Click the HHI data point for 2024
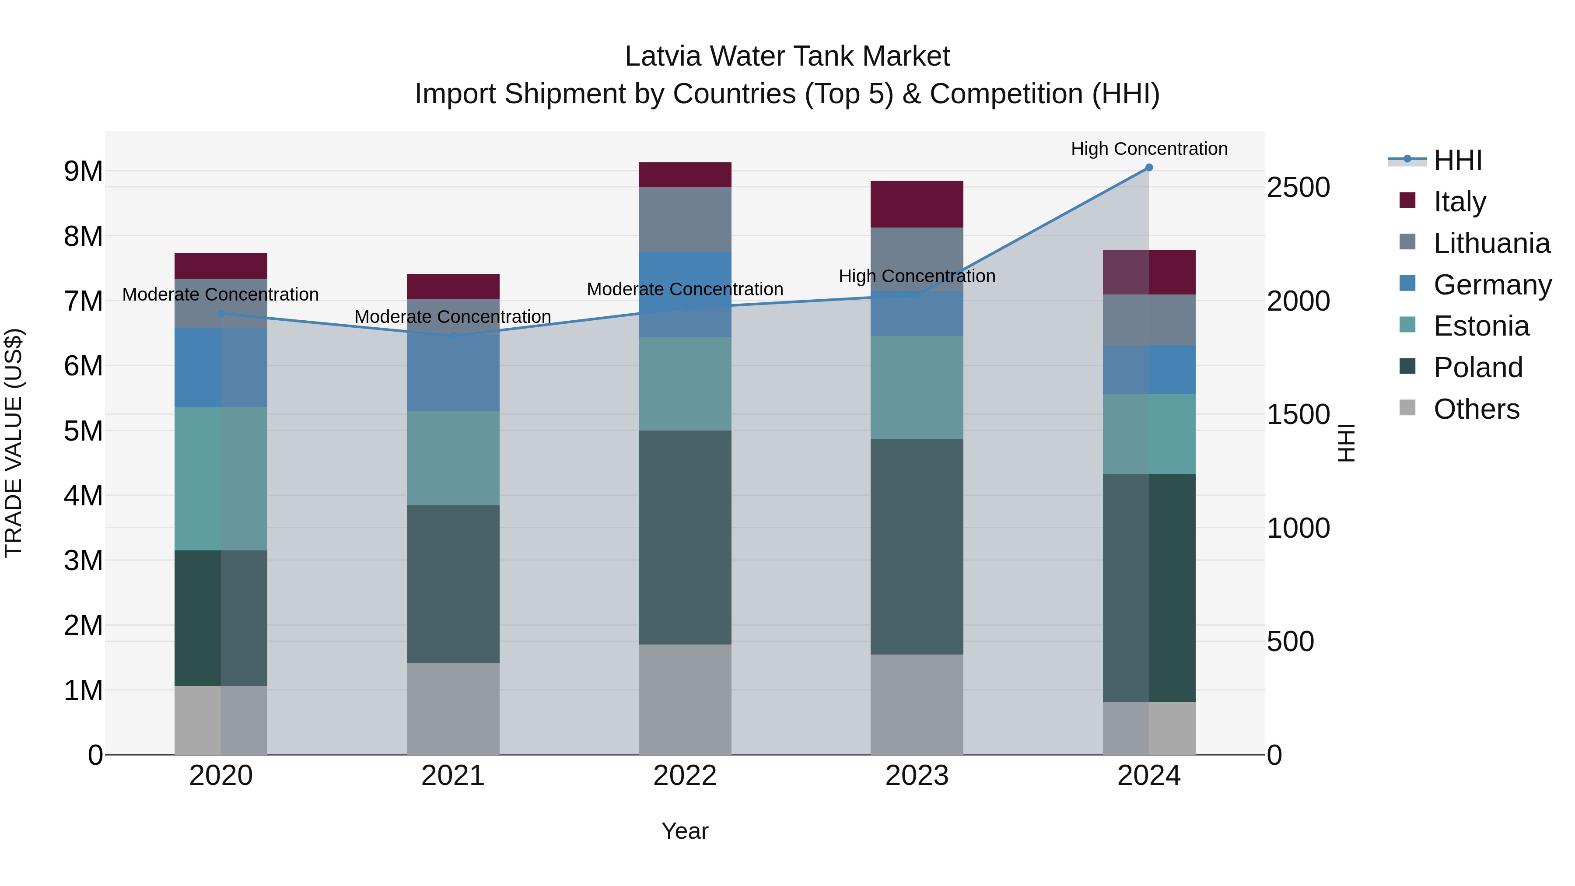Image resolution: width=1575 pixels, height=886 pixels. pyautogui.click(x=1149, y=168)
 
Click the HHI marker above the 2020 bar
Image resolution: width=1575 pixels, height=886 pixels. pyautogui.click(x=221, y=314)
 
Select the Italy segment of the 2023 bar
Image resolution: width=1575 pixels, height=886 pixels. pyautogui.click(x=917, y=204)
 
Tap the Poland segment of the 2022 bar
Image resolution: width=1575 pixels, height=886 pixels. pyautogui.click(x=685, y=537)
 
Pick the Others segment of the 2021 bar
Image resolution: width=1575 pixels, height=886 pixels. pyautogui.click(x=453, y=709)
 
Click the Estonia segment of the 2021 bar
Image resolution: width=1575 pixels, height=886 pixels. pyautogui.click(x=453, y=458)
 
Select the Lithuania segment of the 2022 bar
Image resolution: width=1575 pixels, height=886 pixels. pyautogui.click(x=685, y=220)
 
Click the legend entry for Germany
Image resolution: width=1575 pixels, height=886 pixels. pyautogui.click(x=1492, y=285)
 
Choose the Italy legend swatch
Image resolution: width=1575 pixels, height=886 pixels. pyautogui.click(x=1407, y=200)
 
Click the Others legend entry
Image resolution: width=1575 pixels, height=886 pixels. pyautogui.click(x=1476, y=409)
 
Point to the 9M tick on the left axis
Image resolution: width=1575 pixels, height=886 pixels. pyautogui.click(x=83, y=171)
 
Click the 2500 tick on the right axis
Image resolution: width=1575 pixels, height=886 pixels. pyautogui.click(x=1298, y=187)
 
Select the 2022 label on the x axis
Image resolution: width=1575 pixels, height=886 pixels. pyautogui.click(x=685, y=776)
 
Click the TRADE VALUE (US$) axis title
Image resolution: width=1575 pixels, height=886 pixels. pyautogui.click(x=14, y=443)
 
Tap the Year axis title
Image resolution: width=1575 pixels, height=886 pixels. pyautogui.click(x=685, y=831)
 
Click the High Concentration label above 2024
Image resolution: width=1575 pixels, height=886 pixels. pyautogui.click(x=1149, y=149)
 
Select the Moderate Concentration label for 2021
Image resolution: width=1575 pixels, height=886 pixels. pyautogui.click(x=453, y=317)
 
